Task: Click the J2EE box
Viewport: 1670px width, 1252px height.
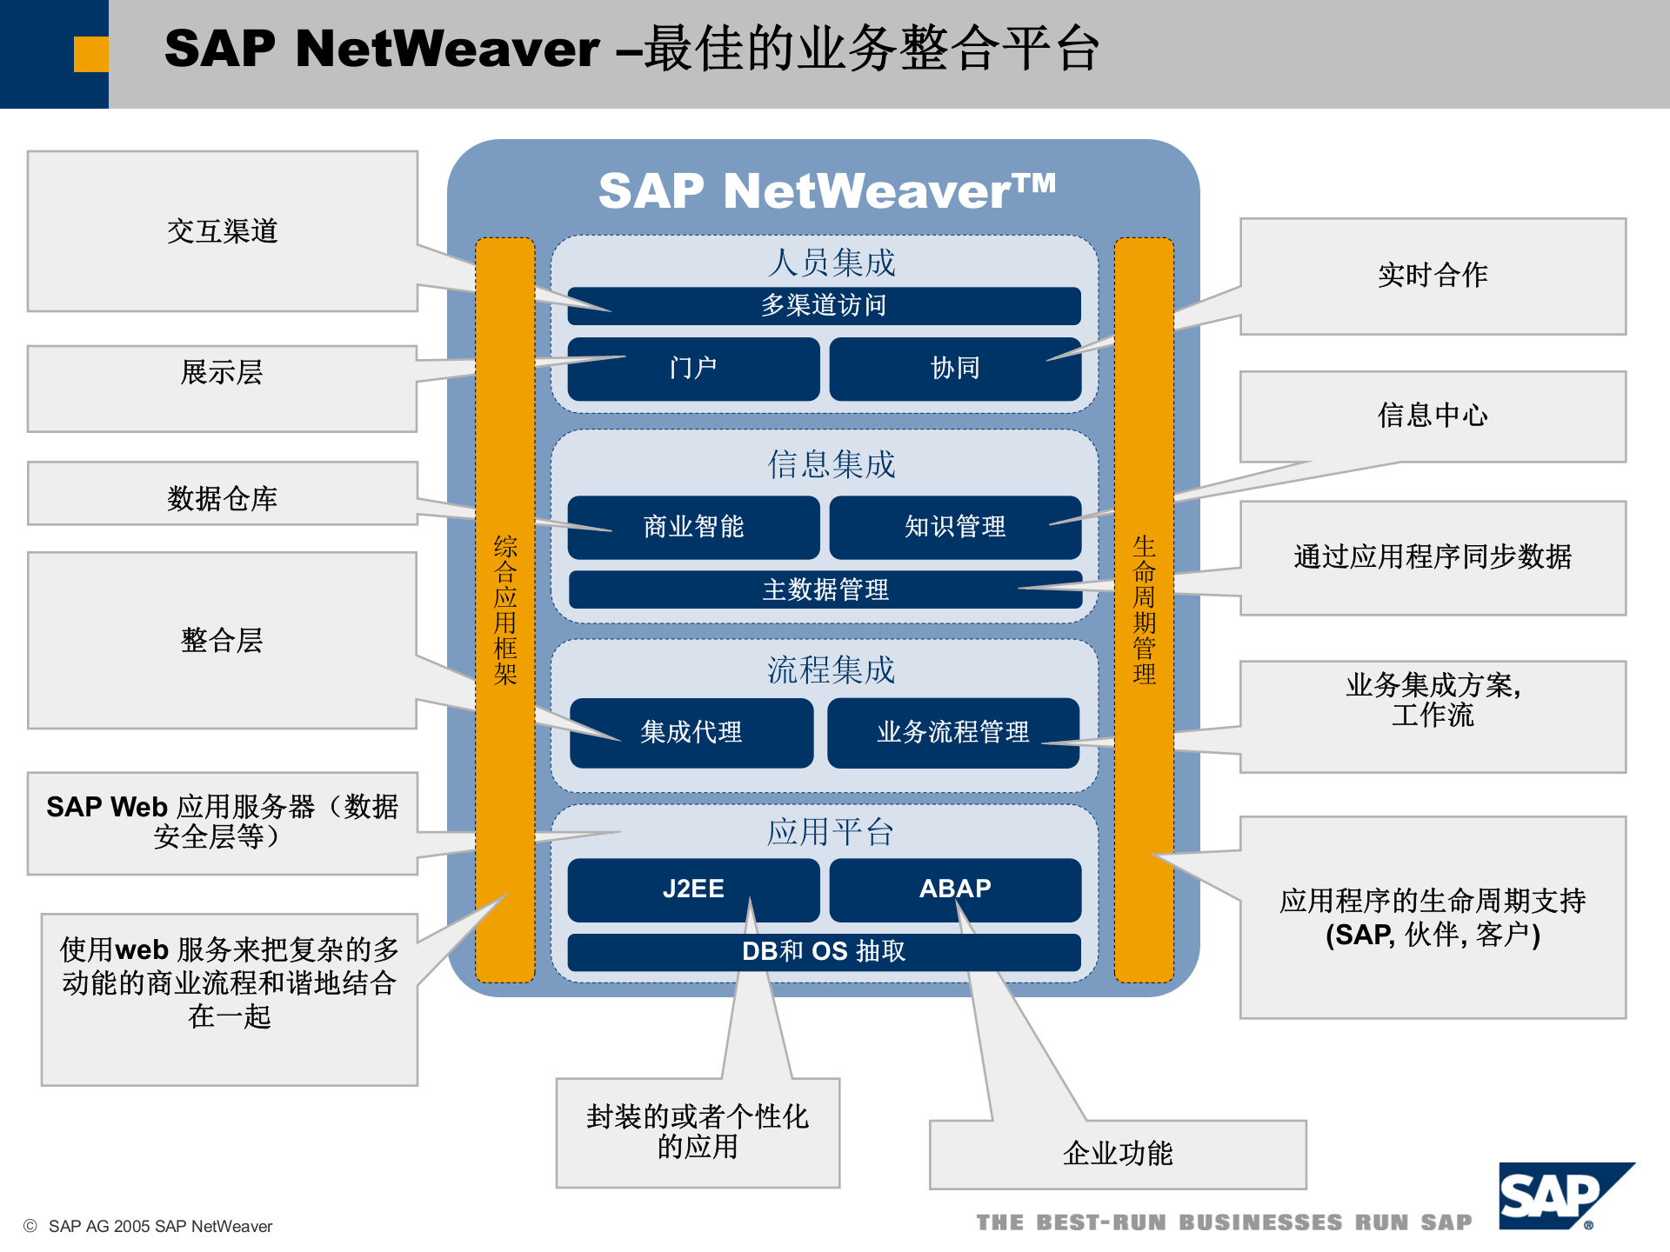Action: [692, 889]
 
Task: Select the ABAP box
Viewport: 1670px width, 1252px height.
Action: [954, 889]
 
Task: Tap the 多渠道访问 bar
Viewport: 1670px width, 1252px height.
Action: [823, 305]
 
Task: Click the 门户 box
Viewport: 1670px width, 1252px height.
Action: [692, 369]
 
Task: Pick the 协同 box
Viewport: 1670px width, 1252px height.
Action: [954, 369]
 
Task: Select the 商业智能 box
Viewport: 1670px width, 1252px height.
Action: [692, 527]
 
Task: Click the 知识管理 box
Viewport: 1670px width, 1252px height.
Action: [954, 527]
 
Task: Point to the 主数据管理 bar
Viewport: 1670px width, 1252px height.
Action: [825, 590]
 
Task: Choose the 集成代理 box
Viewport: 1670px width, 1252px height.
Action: [691, 732]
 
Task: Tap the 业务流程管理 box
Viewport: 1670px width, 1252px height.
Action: [952, 732]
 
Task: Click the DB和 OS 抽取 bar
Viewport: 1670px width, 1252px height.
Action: [823, 951]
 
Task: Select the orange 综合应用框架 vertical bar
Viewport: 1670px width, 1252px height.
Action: [504, 609]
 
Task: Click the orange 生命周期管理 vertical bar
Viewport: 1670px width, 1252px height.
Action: [1144, 609]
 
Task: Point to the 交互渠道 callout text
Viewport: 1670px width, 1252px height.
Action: [222, 231]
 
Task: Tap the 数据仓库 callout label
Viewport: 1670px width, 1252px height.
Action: [222, 498]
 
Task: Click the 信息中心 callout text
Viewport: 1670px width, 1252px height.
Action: [1432, 415]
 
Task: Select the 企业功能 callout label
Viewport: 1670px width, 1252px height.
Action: [1117, 1154]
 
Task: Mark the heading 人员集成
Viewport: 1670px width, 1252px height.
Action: [831, 263]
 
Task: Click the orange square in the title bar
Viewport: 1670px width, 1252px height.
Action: [90, 54]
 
